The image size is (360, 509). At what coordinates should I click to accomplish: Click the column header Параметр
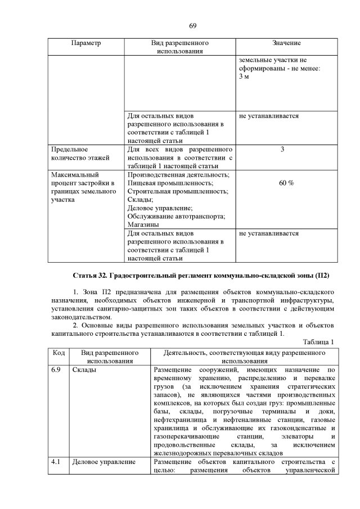click(x=85, y=43)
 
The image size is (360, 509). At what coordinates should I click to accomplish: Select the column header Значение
click(x=286, y=43)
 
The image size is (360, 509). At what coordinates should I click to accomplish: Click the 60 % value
click(x=286, y=183)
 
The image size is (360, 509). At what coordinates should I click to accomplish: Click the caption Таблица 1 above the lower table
click(x=318, y=342)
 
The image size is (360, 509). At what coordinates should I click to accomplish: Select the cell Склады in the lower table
click(x=84, y=370)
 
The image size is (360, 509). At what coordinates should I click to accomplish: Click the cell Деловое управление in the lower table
click(x=104, y=462)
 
